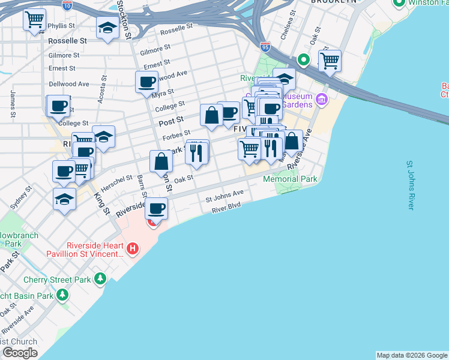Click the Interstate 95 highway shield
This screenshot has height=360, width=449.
point(265,46)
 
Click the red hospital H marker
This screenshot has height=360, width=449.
point(133,247)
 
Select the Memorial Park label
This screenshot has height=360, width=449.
point(289,179)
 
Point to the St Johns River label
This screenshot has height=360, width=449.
point(411,185)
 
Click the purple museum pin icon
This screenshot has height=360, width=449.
point(321,99)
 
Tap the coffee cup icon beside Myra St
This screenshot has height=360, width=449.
point(146,82)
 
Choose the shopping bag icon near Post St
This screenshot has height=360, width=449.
point(211,115)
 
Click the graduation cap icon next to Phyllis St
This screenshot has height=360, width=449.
point(107,28)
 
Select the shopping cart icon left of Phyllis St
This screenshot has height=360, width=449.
point(34,19)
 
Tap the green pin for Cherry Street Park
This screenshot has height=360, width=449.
point(100,279)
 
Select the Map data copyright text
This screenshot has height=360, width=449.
point(412,355)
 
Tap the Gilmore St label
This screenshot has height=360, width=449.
point(155,49)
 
